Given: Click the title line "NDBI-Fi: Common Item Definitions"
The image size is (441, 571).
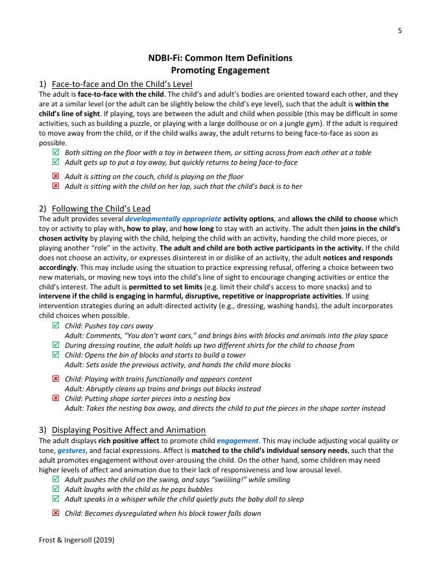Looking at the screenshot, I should tap(220, 58).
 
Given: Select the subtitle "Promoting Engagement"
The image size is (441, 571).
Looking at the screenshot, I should tap(220, 70).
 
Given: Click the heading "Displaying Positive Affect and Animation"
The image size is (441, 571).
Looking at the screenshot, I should tap(128, 430).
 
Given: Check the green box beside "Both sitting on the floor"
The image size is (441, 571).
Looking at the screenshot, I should tap(55, 152).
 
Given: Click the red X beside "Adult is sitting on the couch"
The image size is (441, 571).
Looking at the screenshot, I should tap(55, 176).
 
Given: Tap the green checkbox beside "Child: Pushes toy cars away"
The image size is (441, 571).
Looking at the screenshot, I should tap(55, 326).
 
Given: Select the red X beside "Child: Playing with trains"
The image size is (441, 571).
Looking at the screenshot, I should tap(55, 379).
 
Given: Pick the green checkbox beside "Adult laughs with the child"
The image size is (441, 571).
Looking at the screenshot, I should tap(55, 489).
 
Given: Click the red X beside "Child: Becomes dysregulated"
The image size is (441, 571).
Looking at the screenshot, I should tap(55, 513).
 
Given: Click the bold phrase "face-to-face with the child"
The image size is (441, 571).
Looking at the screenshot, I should tap(121, 94).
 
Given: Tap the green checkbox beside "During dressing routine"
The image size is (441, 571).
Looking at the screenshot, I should tap(55, 345).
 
